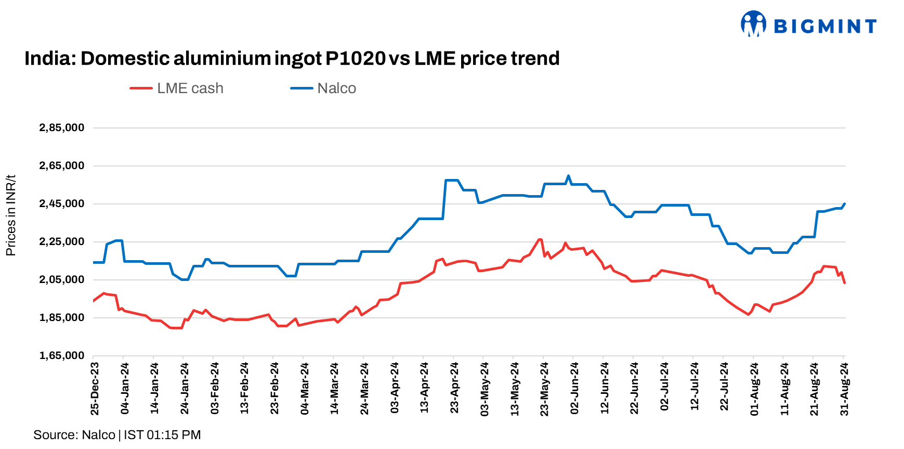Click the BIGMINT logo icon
753,24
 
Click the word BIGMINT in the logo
825,26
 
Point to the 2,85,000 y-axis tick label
61,128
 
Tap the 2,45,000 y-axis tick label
61,204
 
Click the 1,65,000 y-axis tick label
61,356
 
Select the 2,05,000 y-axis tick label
61,280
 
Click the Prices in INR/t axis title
11,215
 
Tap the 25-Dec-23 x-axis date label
95,389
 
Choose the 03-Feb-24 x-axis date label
215,389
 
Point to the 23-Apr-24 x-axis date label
454,389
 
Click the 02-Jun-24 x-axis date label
574,389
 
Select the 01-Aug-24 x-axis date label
754,389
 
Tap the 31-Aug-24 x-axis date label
844,389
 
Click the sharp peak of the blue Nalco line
568,176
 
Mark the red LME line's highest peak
540,239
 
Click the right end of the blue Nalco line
845,204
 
